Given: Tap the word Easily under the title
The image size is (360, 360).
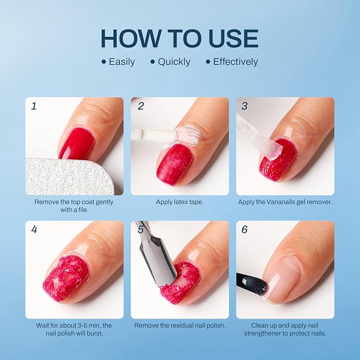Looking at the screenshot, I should pyautogui.click(x=121, y=62).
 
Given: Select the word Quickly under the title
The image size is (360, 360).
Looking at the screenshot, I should pyautogui.click(x=174, y=62).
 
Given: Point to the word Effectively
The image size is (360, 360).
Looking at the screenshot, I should pyautogui.click(x=235, y=62).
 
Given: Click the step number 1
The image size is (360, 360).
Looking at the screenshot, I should pyautogui.click(x=34, y=106).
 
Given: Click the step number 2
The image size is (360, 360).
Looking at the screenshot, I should pyautogui.click(x=141, y=106).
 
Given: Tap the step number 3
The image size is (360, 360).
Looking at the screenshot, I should pyautogui.click(x=244, y=106).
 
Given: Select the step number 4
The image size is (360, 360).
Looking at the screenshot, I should pyautogui.click(x=34, y=230).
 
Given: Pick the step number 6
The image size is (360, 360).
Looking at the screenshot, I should pyautogui.click(x=244, y=230).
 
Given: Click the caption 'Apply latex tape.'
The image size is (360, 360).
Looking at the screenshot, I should pyautogui.click(x=179, y=202).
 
